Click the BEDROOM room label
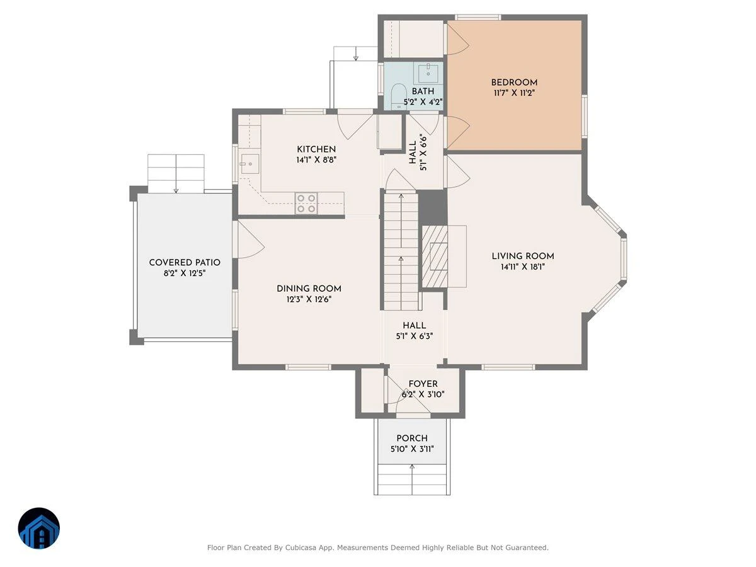point(514,83)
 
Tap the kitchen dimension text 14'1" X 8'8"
point(316,160)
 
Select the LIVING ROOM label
point(523,256)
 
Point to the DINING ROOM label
point(309,289)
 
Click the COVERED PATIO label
point(185,262)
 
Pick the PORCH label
point(412,438)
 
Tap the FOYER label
point(423,384)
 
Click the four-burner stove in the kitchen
point(306,203)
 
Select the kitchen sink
point(250,164)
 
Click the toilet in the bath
point(399,96)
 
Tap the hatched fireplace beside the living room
point(435,256)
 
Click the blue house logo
point(39,528)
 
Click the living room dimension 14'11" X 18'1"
point(523,266)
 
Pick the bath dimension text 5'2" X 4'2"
point(423,102)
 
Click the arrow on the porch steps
point(412,479)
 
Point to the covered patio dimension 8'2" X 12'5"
point(185,273)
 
